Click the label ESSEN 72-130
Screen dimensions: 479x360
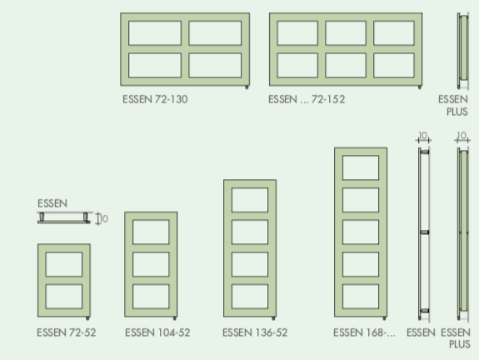coord(155,99)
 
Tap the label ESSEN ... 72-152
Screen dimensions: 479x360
coord(307,99)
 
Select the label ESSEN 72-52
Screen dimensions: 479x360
coord(67,332)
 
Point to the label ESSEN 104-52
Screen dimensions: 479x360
coord(157,332)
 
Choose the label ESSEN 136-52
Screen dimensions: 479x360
coord(255,332)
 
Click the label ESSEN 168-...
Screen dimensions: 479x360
coord(364,332)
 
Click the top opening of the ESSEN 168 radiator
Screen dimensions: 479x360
coord(361,167)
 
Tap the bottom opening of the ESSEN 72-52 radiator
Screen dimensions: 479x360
coord(64,297)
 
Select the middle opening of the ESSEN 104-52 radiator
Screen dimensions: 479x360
coord(151,264)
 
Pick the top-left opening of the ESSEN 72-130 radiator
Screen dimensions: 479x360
coord(155,33)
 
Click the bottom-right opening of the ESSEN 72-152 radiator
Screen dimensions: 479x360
coord(394,65)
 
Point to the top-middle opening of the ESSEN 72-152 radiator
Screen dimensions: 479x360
coord(346,33)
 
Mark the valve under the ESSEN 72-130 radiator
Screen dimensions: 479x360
coord(247,87)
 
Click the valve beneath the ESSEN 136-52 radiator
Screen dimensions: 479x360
coord(273,318)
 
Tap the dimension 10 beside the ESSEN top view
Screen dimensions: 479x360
coord(104,219)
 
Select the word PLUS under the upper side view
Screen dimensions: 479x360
coord(457,112)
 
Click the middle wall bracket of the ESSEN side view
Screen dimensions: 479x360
coord(425,232)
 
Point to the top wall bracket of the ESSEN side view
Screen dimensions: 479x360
coord(425,152)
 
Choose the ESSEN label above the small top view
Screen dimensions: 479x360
coord(52,203)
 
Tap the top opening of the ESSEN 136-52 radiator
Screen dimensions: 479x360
coord(250,200)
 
